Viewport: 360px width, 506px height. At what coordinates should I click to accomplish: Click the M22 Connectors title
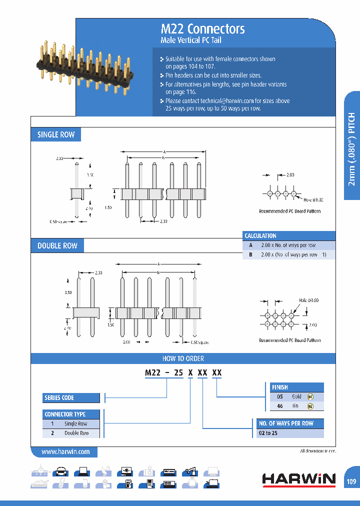point(202,29)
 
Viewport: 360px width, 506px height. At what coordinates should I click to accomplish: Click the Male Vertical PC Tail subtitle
point(190,40)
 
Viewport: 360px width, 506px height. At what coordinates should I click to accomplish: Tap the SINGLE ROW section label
point(56,134)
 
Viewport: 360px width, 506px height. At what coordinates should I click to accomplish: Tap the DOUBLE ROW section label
point(57,245)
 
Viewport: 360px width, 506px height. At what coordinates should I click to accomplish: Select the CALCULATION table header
point(260,235)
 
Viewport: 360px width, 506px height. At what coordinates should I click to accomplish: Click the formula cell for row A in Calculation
point(288,245)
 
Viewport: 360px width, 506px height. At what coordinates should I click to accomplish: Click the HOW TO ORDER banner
point(183,358)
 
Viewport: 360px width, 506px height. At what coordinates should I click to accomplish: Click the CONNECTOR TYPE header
point(65,414)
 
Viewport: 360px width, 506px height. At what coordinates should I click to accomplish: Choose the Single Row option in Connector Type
point(75,423)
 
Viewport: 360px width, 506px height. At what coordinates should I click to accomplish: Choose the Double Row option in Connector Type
point(76,433)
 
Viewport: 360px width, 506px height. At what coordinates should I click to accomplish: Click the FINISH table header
point(280,387)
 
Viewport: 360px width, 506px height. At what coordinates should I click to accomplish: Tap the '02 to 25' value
point(268,433)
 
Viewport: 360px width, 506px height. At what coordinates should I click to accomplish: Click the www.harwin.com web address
point(65,451)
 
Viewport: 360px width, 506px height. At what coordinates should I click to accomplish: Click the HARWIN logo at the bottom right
point(299,479)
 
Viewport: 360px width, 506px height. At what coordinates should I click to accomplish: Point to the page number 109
point(351,481)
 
